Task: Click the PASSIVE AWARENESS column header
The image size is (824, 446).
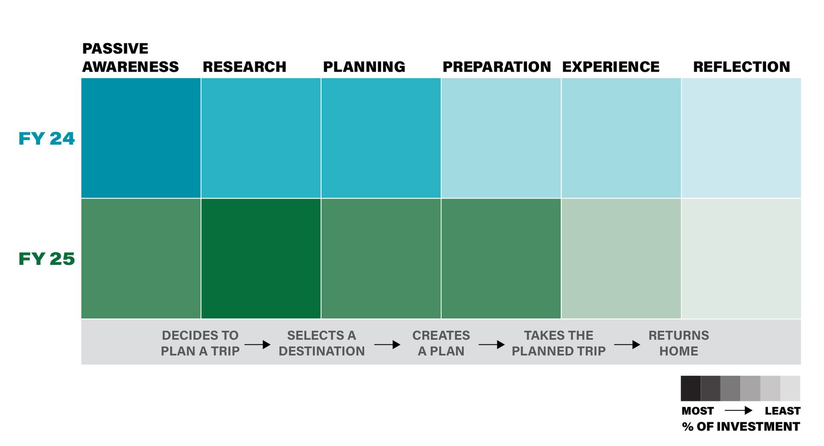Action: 130,58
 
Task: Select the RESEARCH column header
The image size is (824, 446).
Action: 244,67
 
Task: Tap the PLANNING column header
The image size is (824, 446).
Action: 364,67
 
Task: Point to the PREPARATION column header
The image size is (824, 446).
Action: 497,67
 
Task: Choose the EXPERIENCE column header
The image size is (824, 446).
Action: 611,67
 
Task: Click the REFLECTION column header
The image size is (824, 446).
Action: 742,67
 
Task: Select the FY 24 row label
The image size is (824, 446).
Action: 46,139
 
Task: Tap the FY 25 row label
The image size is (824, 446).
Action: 46,259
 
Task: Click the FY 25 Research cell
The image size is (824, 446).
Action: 261,258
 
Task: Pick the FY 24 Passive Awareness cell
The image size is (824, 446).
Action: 141,138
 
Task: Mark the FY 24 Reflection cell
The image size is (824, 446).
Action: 741,138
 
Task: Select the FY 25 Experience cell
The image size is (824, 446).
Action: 621,258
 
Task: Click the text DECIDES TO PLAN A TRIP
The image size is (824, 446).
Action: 200,343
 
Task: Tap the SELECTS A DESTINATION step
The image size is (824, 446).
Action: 321,343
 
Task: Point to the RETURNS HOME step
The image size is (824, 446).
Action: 679,343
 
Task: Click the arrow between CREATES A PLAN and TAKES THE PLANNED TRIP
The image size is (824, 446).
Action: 491,344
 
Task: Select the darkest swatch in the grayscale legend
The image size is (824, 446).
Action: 691,388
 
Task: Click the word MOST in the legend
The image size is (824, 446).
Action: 697,411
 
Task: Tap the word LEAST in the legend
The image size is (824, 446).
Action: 782,411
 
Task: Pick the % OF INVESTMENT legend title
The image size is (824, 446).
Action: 741,426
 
